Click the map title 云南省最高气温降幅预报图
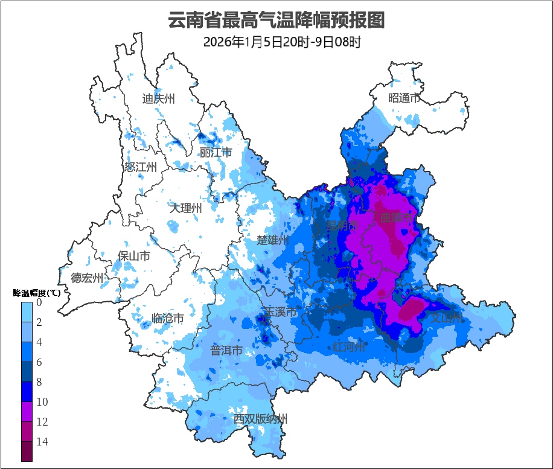[x=276, y=20]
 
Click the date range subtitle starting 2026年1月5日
[x=282, y=42]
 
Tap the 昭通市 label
[x=404, y=98]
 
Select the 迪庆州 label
[x=158, y=99]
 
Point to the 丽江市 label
[x=216, y=152]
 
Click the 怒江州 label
[x=141, y=167]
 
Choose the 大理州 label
[x=185, y=208]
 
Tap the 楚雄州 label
[x=273, y=240]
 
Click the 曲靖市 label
[x=396, y=217]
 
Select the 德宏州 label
[x=87, y=278]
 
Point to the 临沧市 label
[x=167, y=317]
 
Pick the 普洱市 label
[x=226, y=350]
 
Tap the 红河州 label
[x=349, y=347]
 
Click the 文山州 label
[x=446, y=317]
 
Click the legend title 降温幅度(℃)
[x=36, y=293]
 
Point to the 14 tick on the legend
[x=42, y=442]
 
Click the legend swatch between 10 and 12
[x=27, y=412]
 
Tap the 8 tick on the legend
[x=39, y=382]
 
